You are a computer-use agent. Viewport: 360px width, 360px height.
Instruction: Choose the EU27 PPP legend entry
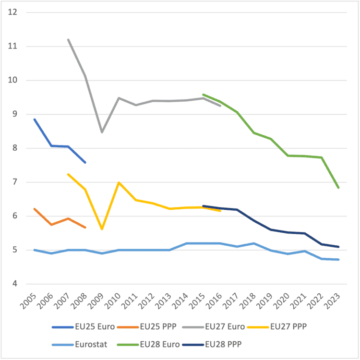[x=288, y=327]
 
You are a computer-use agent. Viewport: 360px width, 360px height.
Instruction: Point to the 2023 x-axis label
[x=338, y=300]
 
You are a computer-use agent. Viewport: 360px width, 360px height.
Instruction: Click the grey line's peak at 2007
[x=68, y=39]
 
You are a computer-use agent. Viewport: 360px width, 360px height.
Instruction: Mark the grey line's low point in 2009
[x=102, y=132]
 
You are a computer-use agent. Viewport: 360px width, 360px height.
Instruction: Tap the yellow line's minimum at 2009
[x=102, y=229]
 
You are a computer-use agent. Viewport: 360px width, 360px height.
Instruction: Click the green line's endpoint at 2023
[x=339, y=188]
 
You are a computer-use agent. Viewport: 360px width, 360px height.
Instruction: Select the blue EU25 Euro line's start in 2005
[x=34, y=119]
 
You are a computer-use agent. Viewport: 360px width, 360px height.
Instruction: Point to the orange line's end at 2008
[x=85, y=228]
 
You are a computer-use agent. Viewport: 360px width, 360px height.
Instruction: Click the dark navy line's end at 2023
[x=339, y=247]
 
